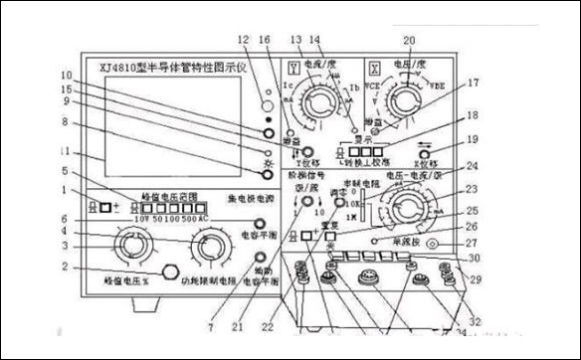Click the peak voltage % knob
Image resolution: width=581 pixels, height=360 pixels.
coord(132,246)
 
